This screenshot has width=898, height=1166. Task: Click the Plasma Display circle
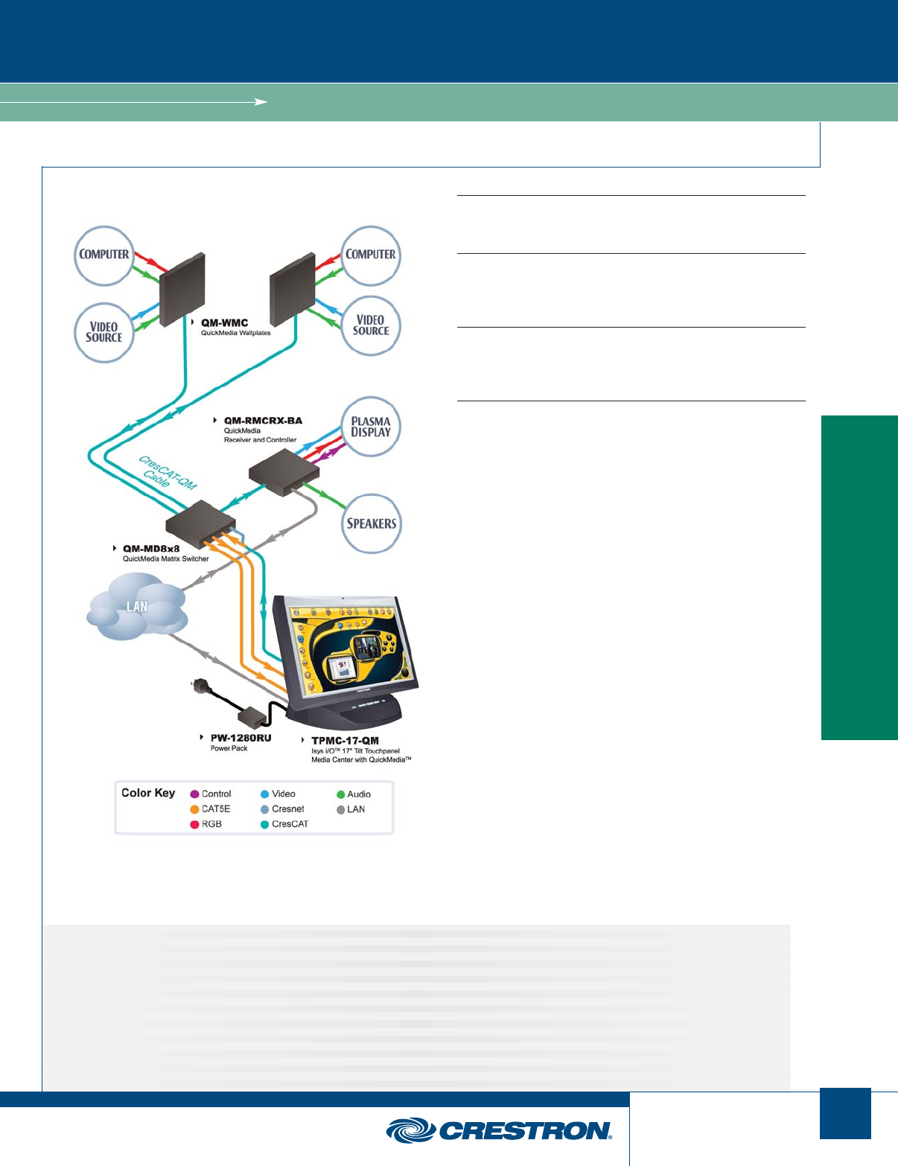coord(371,427)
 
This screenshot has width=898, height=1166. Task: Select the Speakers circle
coord(371,523)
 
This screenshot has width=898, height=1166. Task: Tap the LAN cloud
coord(137,606)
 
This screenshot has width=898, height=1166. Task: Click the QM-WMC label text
coord(224,323)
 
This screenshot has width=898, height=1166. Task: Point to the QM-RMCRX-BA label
coord(263,421)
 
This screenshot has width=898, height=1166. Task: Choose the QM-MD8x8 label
coord(151,549)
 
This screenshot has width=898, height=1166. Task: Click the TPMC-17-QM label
coord(345,741)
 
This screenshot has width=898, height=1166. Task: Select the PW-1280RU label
coord(241,738)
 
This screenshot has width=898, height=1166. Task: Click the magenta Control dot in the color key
coord(194,794)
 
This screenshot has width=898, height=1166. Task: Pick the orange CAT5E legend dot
coord(194,809)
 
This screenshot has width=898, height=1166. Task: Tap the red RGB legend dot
coord(194,824)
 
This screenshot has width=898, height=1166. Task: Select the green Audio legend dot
coord(340,794)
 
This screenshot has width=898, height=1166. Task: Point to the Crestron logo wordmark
coord(524,1131)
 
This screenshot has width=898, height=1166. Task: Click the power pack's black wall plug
coord(199,686)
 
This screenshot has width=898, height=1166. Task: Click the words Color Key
coord(148,793)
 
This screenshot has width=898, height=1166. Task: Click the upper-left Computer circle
coord(104,255)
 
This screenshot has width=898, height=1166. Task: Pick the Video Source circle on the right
coord(371,325)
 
